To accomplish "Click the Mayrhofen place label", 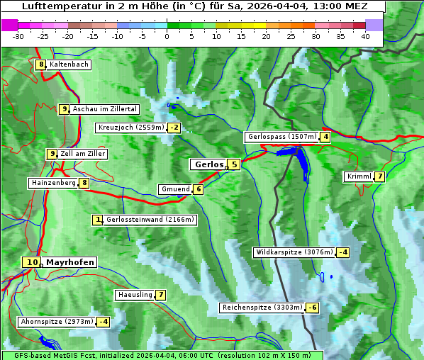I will [69, 262].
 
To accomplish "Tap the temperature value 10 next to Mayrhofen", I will [30, 262].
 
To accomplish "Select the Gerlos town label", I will [208, 164].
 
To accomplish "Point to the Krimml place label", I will [359, 176].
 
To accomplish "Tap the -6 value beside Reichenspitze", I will [312, 308].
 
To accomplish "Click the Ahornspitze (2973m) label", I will [57, 322].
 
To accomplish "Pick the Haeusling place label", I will [134, 295].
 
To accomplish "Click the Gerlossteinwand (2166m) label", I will [150, 220].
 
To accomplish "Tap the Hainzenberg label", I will [52, 183].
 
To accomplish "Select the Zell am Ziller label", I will [83, 154].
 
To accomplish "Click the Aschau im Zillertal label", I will [105, 109].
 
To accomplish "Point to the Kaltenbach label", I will [69, 64].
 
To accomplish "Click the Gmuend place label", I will [175, 189].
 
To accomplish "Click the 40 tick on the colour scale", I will [365, 36].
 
